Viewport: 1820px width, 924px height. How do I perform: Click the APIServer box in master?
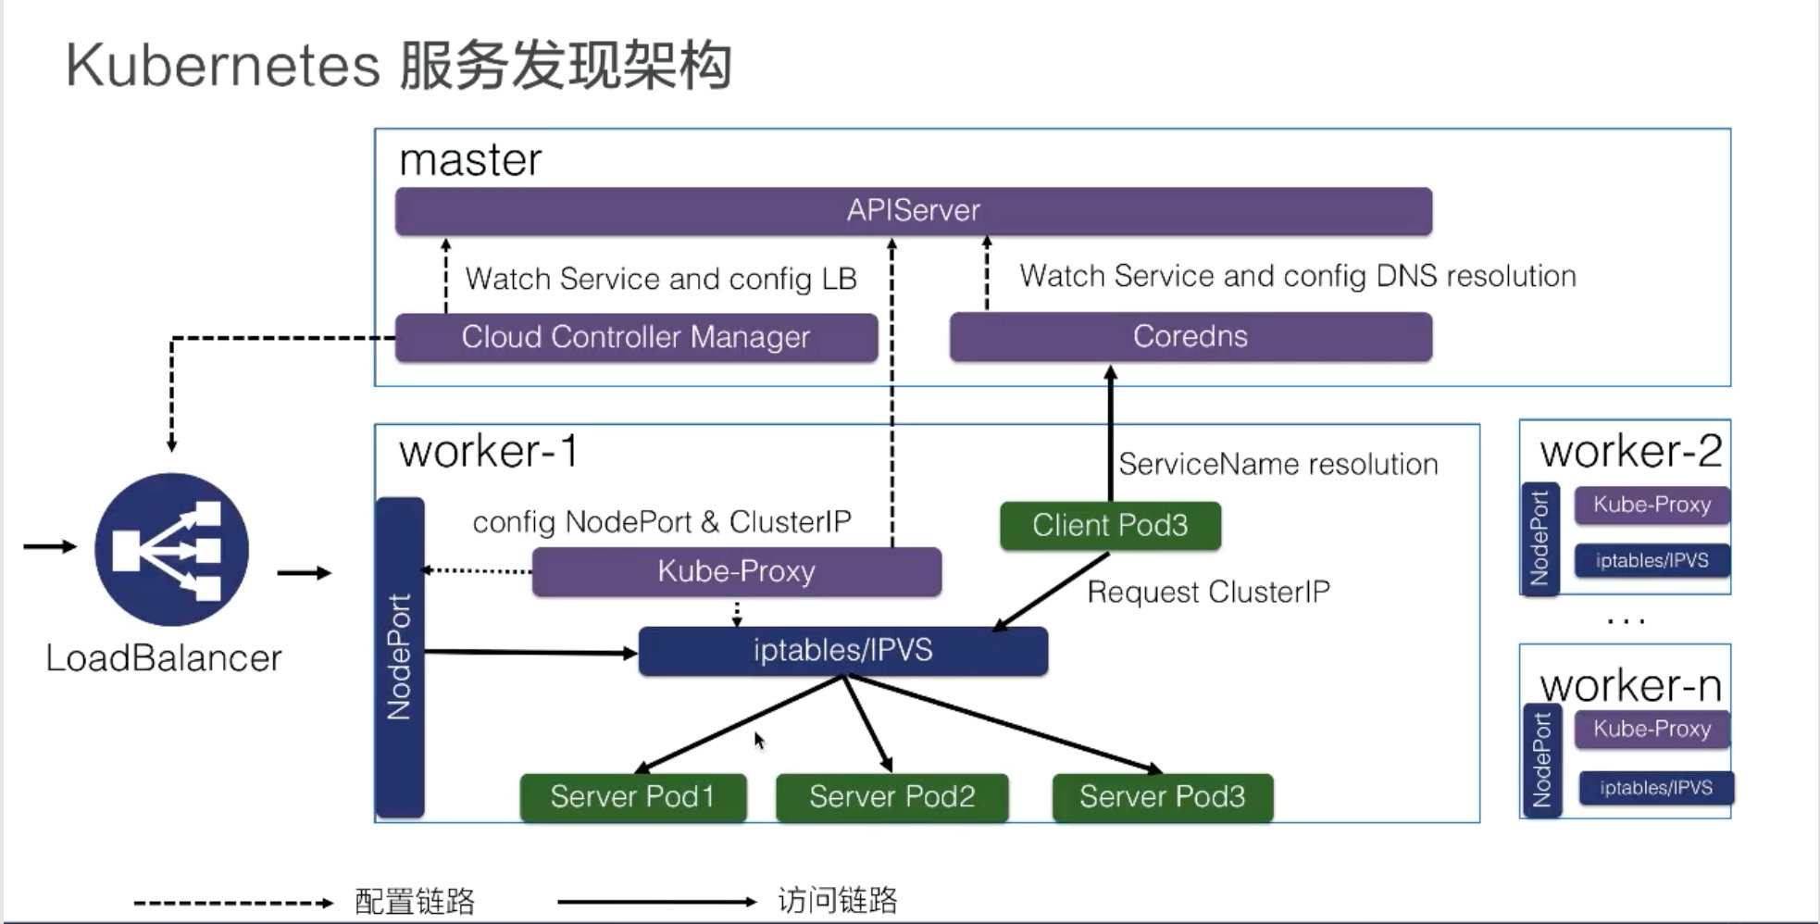[x=913, y=211]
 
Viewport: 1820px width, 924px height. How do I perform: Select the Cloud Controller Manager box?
[x=636, y=337]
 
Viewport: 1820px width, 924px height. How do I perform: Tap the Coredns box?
[x=1190, y=337]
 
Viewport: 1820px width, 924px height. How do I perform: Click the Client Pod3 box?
[x=1110, y=526]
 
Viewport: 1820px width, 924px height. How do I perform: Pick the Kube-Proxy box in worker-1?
[x=736, y=571]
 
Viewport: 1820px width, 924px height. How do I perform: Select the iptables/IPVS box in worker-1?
[x=842, y=651]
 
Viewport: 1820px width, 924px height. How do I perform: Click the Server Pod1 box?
[x=632, y=797]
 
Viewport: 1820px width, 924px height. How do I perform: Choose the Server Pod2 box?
[x=891, y=797]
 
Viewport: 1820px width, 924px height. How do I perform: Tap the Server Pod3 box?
[x=1162, y=797]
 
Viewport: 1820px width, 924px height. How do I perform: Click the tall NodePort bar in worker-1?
[x=399, y=657]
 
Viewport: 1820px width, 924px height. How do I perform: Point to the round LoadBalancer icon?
[x=171, y=550]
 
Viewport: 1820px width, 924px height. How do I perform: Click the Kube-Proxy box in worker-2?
[x=1652, y=506]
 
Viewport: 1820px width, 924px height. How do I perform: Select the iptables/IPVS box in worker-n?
[x=1655, y=788]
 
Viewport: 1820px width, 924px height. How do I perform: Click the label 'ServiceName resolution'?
[x=1278, y=465]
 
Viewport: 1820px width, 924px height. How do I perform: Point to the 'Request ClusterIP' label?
[x=1208, y=593]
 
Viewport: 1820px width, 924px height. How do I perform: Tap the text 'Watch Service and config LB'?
[x=660, y=280]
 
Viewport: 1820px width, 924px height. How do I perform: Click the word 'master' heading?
[x=470, y=160]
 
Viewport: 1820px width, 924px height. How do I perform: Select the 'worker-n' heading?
[x=1630, y=686]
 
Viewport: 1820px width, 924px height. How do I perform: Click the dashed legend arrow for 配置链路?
[x=232, y=903]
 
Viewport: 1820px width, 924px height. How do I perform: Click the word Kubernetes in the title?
[x=222, y=66]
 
